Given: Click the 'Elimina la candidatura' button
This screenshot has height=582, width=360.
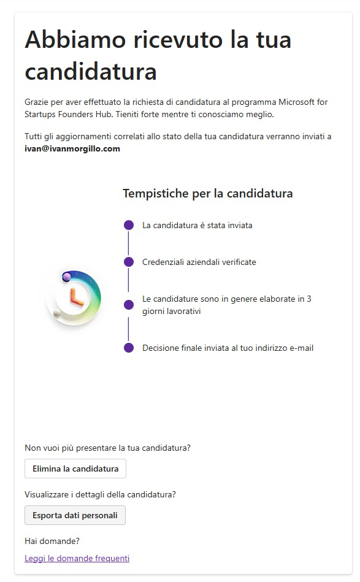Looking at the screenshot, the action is click(x=75, y=469).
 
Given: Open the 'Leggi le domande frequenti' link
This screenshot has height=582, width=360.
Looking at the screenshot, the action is click(x=77, y=558).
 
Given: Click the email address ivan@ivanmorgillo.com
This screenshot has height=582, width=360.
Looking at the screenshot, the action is click(x=72, y=148).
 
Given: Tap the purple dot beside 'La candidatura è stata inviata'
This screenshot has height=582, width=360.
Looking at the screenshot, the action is click(x=129, y=225).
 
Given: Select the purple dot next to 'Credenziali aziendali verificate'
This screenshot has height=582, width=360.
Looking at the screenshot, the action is click(x=129, y=262).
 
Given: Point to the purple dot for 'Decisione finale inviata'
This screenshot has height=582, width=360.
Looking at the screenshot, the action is click(x=129, y=348).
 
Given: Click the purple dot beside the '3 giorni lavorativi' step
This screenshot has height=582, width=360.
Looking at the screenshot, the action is click(x=129, y=305).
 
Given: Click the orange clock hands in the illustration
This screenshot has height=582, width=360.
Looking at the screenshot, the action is click(x=76, y=297).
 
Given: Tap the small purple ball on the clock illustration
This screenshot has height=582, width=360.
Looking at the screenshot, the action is click(x=66, y=277).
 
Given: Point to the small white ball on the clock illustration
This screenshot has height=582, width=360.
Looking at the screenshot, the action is click(x=57, y=314).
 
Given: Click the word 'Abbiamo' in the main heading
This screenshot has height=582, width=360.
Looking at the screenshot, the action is click(x=69, y=40).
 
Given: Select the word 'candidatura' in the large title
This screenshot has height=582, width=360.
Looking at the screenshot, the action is click(x=91, y=72).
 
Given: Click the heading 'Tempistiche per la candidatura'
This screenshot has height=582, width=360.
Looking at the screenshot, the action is click(x=208, y=194).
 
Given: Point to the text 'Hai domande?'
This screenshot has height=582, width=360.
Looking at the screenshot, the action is click(x=52, y=541).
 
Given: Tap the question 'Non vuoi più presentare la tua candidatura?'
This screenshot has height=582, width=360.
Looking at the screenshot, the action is click(x=107, y=448).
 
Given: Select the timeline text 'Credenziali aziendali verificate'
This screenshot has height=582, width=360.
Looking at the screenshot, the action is click(x=199, y=262).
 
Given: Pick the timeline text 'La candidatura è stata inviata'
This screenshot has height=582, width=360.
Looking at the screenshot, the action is click(x=197, y=225).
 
